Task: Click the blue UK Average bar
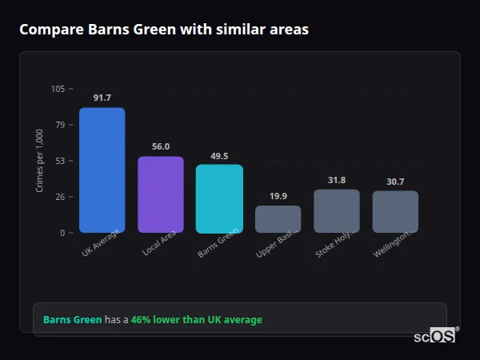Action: tap(102, 170)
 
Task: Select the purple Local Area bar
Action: tap(161, 194)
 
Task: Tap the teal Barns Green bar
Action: tap(219, 198)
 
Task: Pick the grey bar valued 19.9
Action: tap(278, 219)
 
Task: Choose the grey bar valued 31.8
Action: tap(337, 211)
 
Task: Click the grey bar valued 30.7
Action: tap(395, 212)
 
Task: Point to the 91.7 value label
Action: tap(102, 98)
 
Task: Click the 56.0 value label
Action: tap(161, 146)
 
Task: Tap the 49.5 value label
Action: tap(219, 156)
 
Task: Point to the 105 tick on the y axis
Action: tap(58, 89)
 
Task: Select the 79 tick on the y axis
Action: tap(60, 125)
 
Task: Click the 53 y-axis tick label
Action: tap(60, 161)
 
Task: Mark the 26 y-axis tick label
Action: tap(60, 197)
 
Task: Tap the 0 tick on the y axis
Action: tap(62, 233)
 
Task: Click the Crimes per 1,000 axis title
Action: tap(40, 160)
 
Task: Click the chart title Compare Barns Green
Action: tap(163, 30)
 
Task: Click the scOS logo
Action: tap(435, 336)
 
